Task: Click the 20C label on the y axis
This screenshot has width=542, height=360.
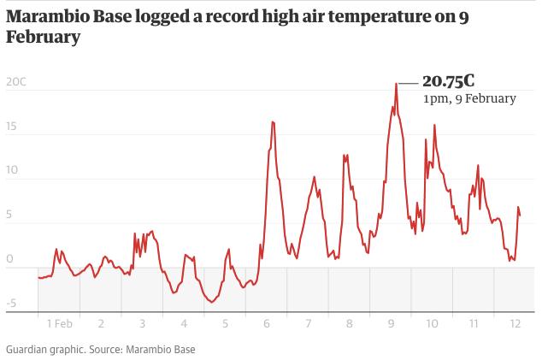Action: coord(15,82)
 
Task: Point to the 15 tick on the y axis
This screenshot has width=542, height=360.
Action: coord(10,127)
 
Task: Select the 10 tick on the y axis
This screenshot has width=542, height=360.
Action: coord(10,171)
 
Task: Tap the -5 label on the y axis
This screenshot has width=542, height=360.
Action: coord(10,303)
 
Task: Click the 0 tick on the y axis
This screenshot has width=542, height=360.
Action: coord(10,258)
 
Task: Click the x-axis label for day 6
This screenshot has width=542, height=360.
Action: coord(268,324)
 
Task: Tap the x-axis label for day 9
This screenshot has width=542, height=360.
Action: coord(391,324)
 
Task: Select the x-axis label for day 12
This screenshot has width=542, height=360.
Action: coord(515,324)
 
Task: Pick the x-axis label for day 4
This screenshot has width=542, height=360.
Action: coord(184,324)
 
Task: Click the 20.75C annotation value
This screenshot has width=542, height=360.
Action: coord(448,81)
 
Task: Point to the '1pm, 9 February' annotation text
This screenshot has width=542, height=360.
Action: coord(469,98)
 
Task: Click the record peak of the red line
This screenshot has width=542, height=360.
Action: coord(397,84)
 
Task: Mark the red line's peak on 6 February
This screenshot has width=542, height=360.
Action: coord(273,121)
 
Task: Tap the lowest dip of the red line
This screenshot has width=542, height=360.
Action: coord(210,302)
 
